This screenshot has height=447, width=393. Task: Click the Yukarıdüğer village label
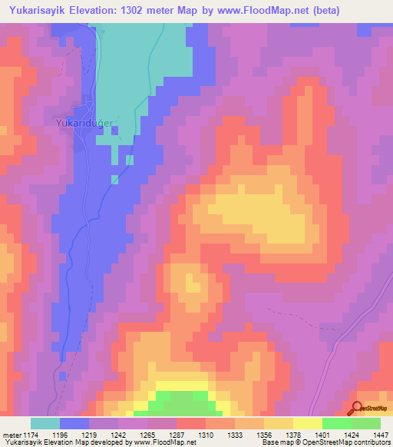coord(84,122)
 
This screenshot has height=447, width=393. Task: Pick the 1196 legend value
coord(69,434)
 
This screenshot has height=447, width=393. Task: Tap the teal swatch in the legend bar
coord(45,423)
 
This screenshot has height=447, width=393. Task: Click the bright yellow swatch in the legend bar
coord(308,423)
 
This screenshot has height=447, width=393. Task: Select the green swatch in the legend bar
coord(337,423)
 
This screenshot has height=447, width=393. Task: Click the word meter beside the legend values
coord(11,434)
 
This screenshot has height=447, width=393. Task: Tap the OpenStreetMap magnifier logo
coord(357,409)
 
